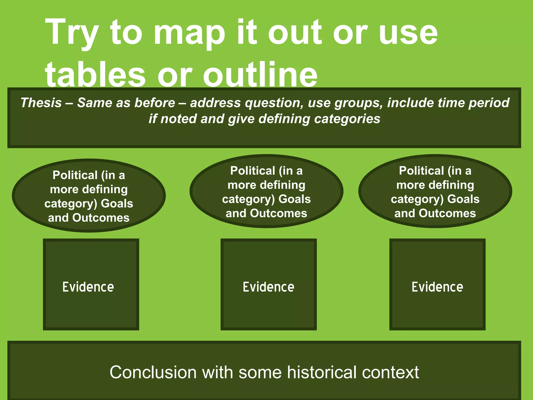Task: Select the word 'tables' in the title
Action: tap(95, 76)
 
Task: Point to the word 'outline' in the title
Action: tap(260, 76)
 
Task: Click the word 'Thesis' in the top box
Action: tap(41, 103)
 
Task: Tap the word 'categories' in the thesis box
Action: tap(347, 119)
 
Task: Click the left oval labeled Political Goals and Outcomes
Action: tap(89, 196)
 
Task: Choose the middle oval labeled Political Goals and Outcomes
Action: tap(266, 191)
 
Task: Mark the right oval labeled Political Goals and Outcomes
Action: tap(435, 191)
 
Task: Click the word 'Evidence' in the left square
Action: tap(88, 287)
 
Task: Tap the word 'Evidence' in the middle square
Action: tap(269, 287)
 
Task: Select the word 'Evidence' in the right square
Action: tap(437, 287)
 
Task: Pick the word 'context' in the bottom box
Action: tap(390, 372)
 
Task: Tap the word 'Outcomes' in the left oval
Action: tap(101, 218)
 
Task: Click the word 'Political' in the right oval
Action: tap(421, 171)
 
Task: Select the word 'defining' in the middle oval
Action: tap(283, 185)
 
